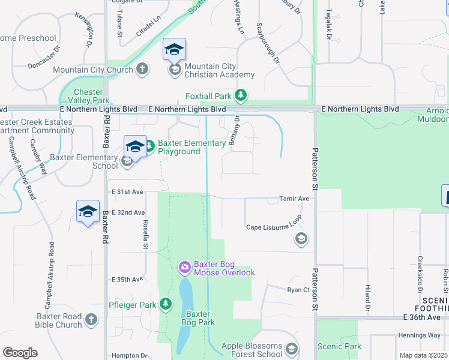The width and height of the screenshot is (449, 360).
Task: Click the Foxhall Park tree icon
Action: pyautogui.click(x=240, y=95)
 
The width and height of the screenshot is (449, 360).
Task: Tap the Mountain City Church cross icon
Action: pyautogui.click(x=142, y=70)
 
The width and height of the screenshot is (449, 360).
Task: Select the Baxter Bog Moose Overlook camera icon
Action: pyautogui.click(x=185, y=266)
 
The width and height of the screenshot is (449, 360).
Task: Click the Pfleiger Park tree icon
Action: pyautogui.click(x=166, y=305)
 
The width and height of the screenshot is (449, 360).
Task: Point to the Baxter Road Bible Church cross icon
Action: pyautogui.click(x=91, y=320)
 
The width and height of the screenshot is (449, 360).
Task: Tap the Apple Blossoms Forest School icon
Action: pyautogui.click(x=291, y=349)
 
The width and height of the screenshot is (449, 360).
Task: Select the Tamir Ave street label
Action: pyautogui.click(x=294, y=199)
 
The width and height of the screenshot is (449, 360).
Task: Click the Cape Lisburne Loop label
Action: pyautogui.click(x=274, y=227)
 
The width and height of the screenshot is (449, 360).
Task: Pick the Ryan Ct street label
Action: pyautogui.click(x=298, y=289)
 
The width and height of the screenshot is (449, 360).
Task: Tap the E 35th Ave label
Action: pyautogui.click(x=127, y=280)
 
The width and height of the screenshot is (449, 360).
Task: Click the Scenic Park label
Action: pyautogui.click(x=340, y=346)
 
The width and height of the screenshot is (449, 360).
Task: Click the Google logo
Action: pyautogui.click(x=20, y=353)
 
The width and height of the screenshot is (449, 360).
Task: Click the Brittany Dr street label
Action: pyautogui.click(x=234, y=130)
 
